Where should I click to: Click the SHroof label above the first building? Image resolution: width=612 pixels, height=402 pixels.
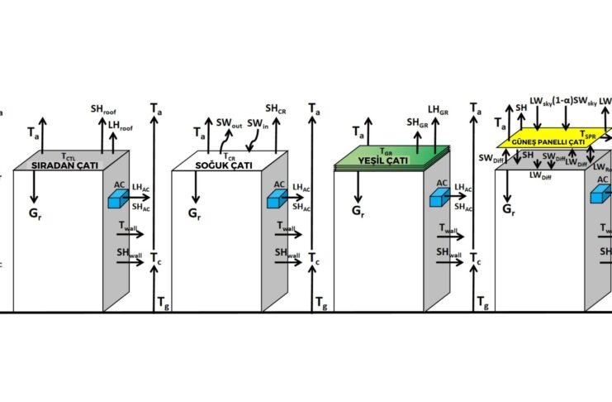coord(103,109)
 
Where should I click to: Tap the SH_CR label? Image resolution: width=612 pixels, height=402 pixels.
coord(275,108)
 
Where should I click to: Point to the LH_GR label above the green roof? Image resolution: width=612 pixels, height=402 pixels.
coord(438,108)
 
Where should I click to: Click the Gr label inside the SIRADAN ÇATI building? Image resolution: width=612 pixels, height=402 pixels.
coord(33,213)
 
